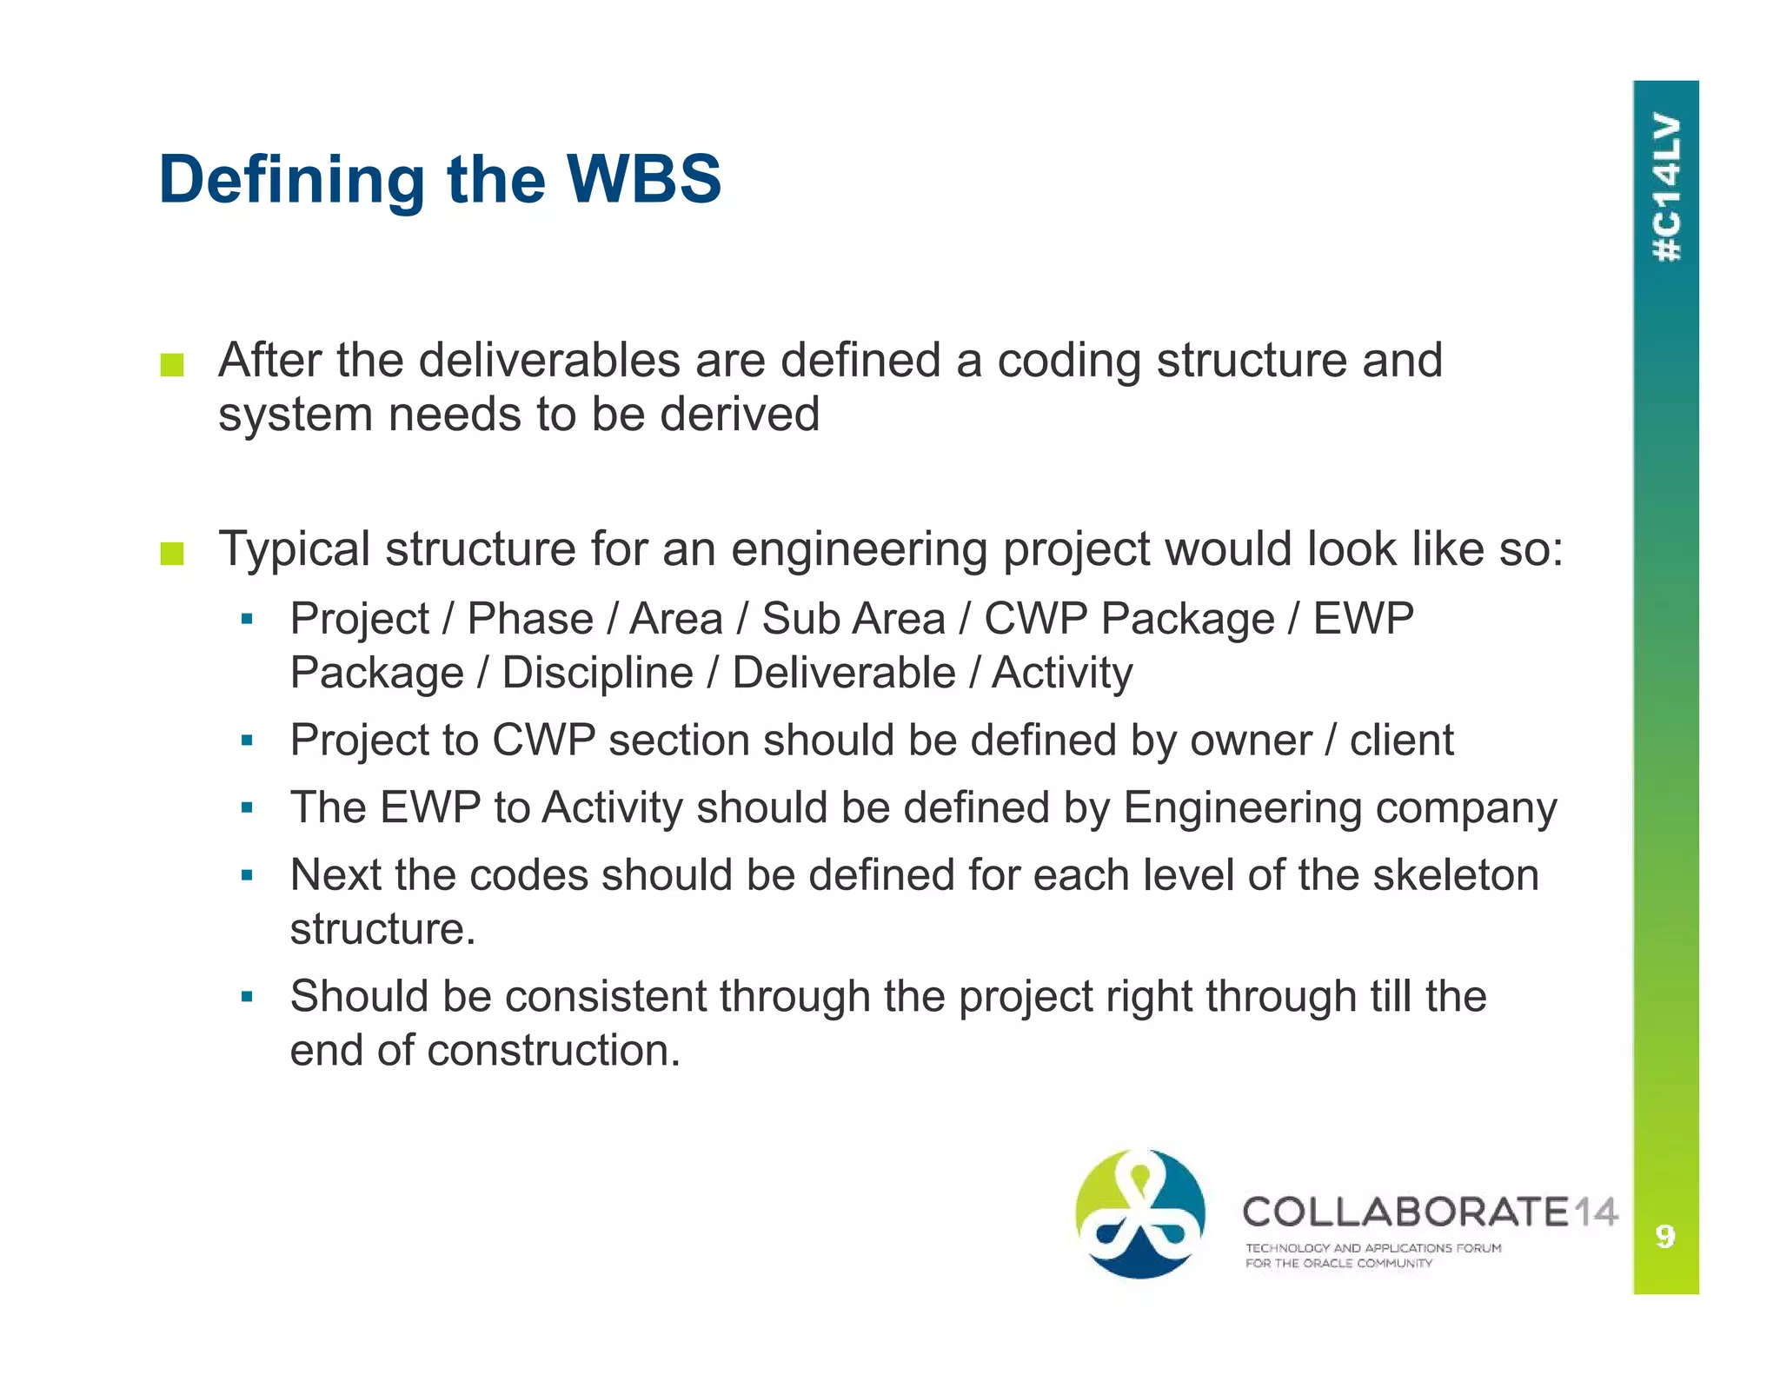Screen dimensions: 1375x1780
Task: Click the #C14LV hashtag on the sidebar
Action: tap(1666, 187)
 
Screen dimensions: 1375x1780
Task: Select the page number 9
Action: tap(1665, 1235)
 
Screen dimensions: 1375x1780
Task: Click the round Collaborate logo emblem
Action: tap(1140, 1213)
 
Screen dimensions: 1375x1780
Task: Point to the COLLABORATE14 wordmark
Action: tap(1430, 1212)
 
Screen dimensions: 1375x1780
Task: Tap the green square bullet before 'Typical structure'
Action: tap(172, 554)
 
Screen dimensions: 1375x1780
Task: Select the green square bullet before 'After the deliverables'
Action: tap(172, 365)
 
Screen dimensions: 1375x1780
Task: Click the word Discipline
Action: tap(597, 673)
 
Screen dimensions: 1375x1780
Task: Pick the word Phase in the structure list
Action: tap(530, 619)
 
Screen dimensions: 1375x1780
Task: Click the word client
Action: tap(1401, 741)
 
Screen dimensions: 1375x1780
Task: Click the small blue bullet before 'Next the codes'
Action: tap(247, 875)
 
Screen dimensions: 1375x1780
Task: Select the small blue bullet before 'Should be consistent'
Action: tap(247, 996)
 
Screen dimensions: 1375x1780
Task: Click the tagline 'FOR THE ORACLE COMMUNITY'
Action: tap(1338, 1263)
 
